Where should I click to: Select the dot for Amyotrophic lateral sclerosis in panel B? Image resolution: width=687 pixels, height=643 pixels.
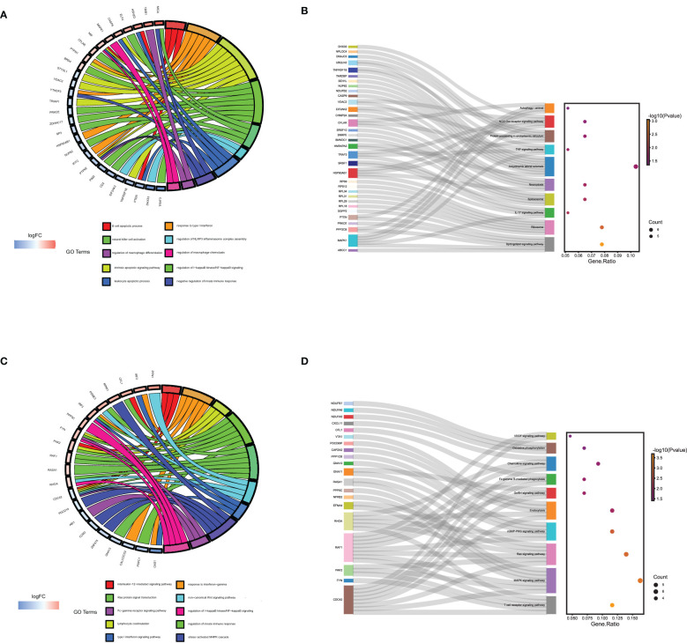(635, 166)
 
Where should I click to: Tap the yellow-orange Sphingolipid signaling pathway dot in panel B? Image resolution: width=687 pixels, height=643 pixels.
(602, 244)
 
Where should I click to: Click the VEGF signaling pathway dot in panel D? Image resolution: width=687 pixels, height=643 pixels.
(571, 436)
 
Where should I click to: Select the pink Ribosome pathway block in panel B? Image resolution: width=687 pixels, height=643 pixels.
(549, 227)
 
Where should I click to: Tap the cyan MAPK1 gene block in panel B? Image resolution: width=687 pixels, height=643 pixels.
(352, 240)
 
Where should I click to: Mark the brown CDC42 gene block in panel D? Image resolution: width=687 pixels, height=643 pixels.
(349, 600)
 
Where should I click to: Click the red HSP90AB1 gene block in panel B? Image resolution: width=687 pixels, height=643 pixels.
(352, 174)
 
